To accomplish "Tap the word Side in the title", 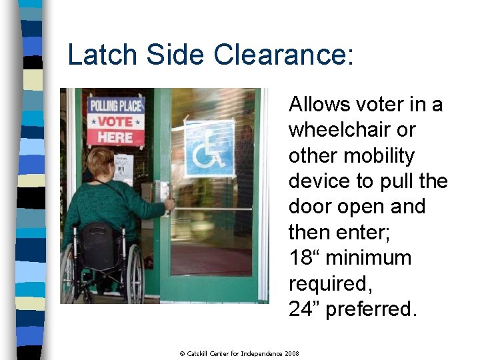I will [175, 54].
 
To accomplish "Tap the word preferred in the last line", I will [371, 309].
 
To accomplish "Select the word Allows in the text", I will [317, 105].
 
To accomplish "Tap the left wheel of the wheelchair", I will [67, 273].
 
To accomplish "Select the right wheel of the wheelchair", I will [135, 273].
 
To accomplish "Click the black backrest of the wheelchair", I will [98, 245].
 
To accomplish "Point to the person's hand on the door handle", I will [169, 205].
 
